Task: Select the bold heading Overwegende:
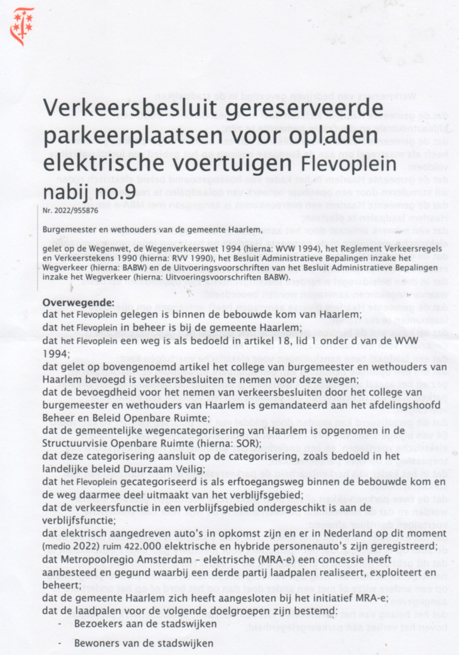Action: (x=78, y=303)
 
